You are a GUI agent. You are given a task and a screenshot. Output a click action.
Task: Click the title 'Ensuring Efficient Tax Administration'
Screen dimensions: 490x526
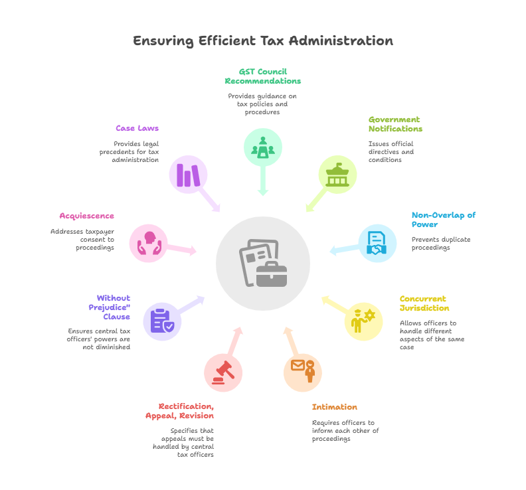point(263,41)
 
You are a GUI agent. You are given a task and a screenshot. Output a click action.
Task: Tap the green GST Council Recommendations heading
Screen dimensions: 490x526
point(263,76)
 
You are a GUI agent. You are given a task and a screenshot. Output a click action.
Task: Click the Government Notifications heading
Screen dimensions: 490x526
point(396,124)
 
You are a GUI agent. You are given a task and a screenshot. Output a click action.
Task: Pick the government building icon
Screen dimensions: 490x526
point(337,175)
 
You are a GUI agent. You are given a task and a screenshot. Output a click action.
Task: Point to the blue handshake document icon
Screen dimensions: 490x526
point(377,243)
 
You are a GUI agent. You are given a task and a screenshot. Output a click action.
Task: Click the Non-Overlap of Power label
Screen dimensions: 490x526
point(444,220)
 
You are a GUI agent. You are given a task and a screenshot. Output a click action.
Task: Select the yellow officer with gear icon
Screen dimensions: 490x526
point(363,321)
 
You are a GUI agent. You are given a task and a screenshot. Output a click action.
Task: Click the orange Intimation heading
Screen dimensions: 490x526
point(335,407)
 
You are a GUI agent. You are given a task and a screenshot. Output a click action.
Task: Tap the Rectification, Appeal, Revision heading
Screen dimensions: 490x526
point(180,411)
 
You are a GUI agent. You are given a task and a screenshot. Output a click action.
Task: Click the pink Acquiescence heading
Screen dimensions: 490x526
point(87,216)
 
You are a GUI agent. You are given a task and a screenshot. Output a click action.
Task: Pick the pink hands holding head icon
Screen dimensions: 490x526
point(149,243)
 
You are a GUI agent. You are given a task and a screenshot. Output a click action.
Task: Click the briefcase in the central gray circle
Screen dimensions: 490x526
point(272,274)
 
